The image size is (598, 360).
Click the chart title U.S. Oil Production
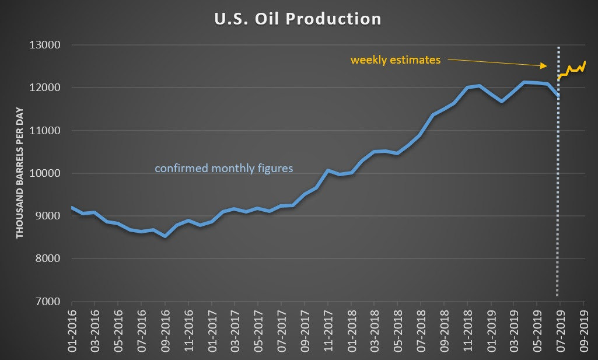pos(298,19)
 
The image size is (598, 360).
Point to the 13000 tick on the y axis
pos(49,45)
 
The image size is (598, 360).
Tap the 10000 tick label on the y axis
pos(49,173)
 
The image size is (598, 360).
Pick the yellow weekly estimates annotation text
pos(395,60)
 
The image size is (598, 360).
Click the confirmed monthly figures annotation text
pos(223,169)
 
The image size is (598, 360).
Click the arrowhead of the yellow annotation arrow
pos(545,65)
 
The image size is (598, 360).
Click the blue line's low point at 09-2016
pos(165,236)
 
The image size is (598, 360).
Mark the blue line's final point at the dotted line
pos(558,96)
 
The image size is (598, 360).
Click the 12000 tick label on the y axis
pos(49,88)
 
